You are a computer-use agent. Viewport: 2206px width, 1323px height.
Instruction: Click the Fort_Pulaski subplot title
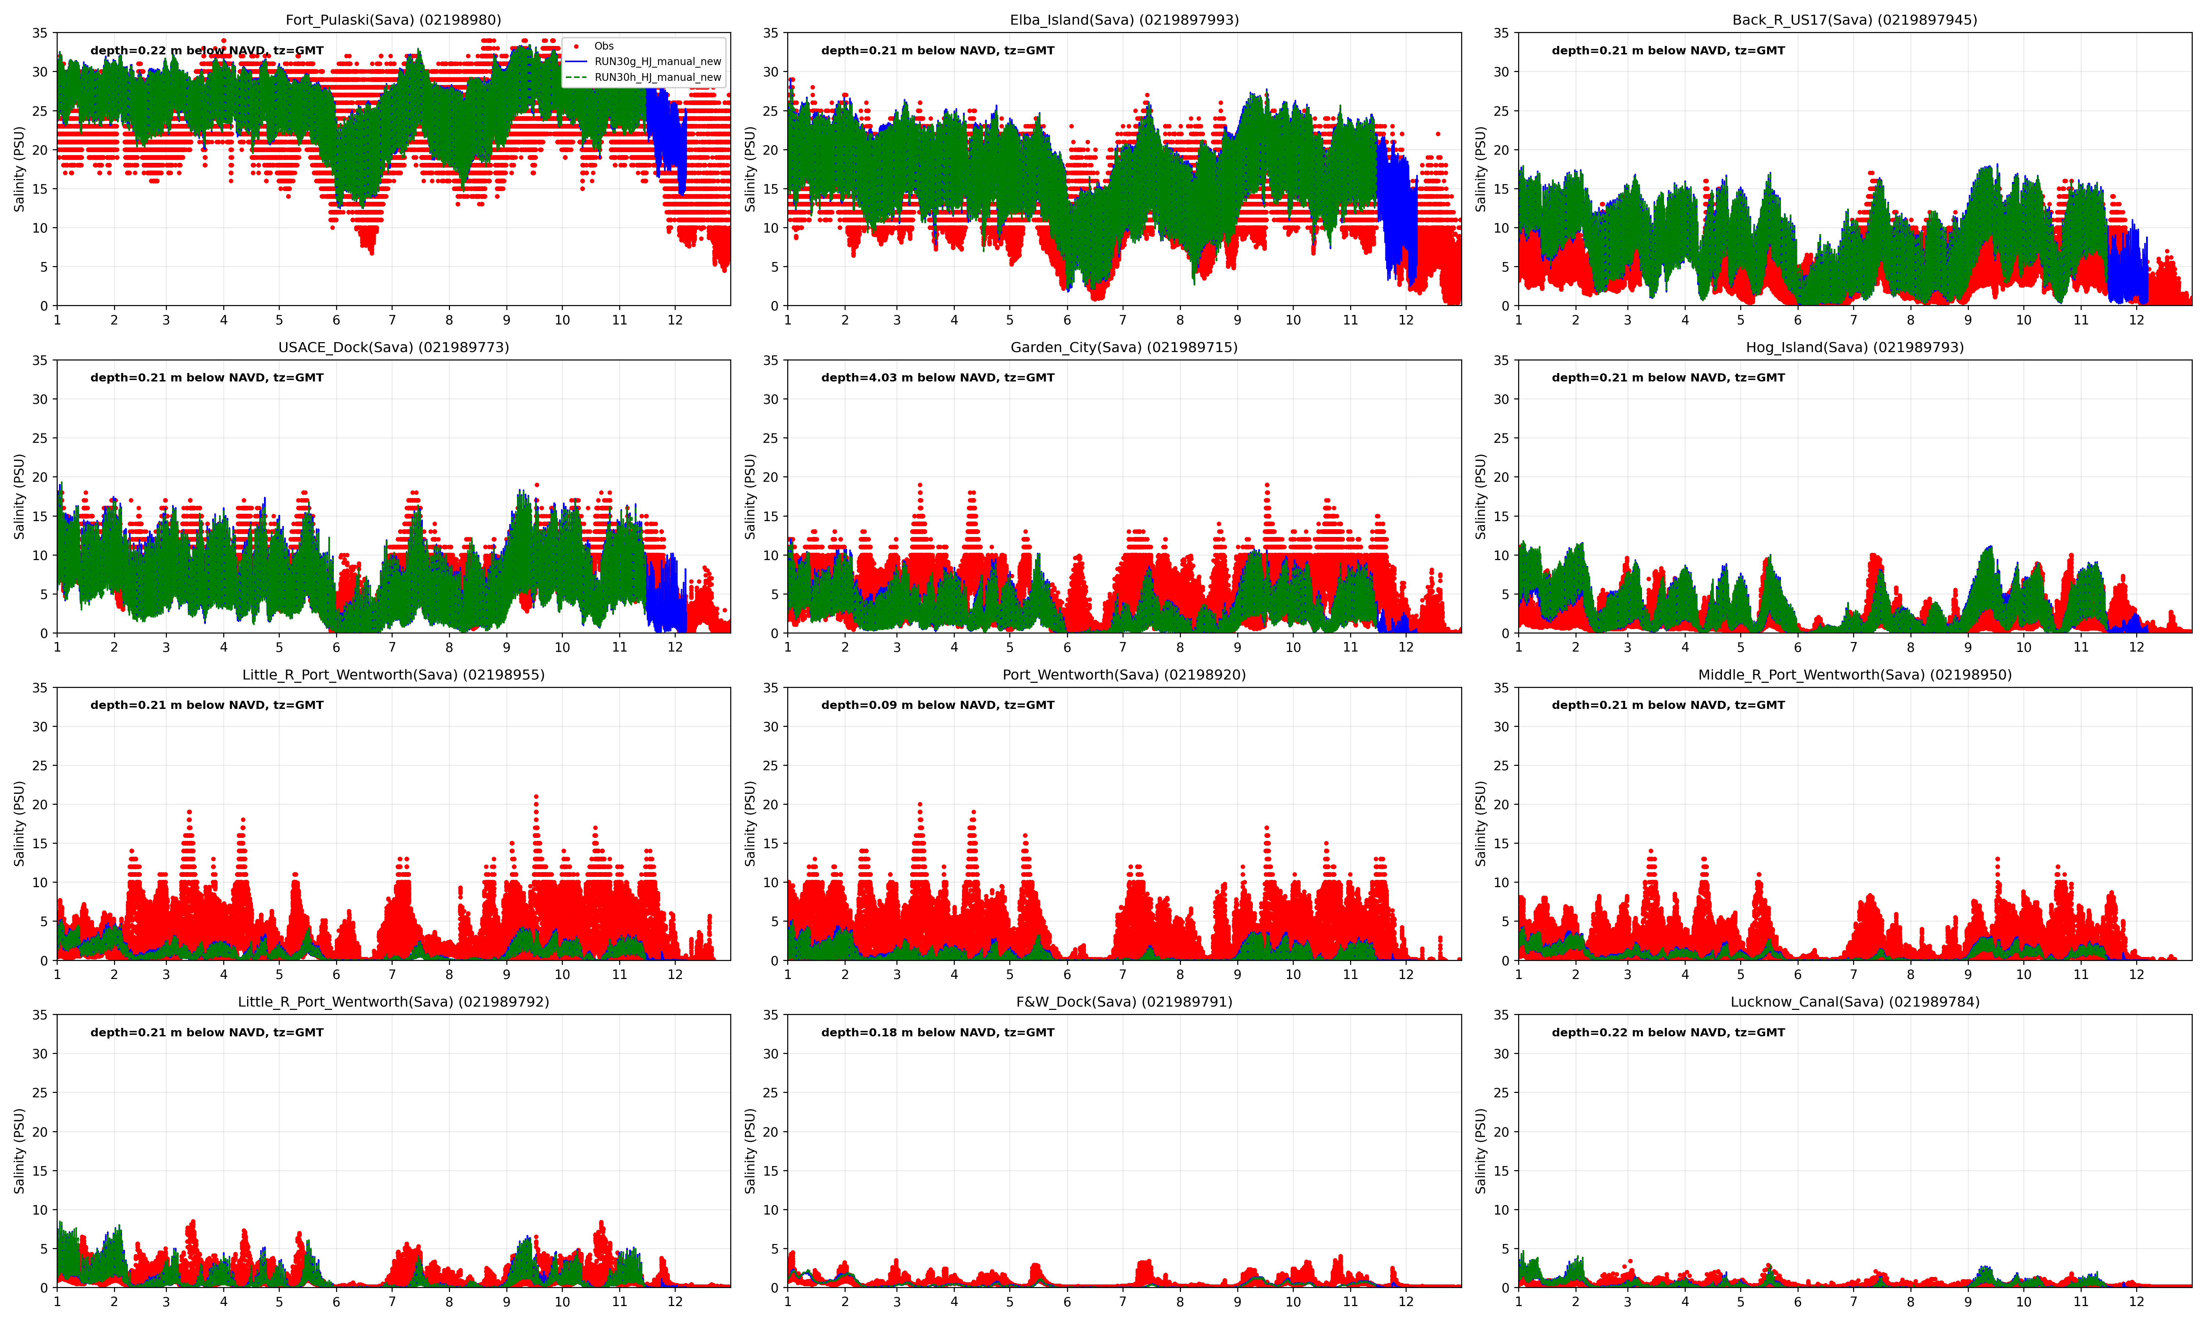point(393,19)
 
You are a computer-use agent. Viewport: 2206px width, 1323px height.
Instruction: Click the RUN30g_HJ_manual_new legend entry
point(657,61)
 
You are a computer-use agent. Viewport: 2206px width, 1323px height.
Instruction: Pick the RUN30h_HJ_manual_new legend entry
point(657,78)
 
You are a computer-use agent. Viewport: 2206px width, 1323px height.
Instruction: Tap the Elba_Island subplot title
point(1124,19)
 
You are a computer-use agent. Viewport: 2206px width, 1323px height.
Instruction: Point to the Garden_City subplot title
point(1124,347)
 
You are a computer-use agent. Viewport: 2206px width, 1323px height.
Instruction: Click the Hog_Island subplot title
point(1855,347)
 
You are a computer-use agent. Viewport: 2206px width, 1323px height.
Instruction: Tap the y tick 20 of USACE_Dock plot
point(40,477)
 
